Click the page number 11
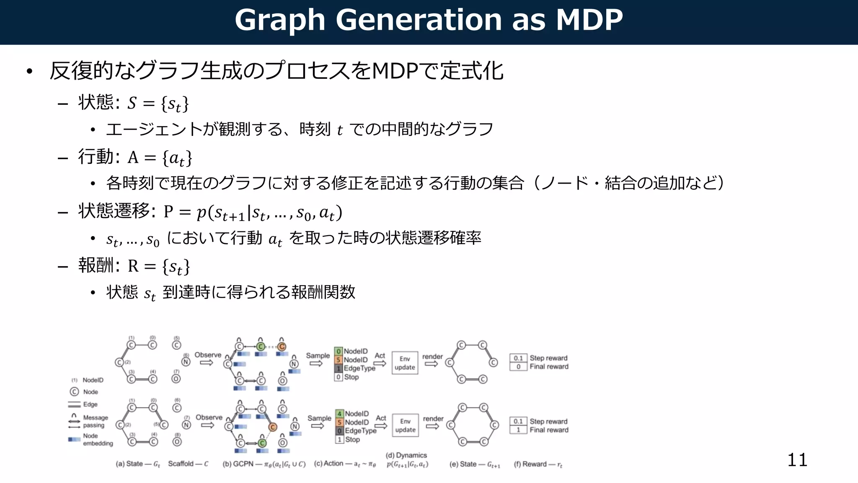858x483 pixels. (x=797, y=460)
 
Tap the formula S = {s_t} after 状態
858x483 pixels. (x=158, y=103)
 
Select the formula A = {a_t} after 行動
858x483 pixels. (x=160, y=158)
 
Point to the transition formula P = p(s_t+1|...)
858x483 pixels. (x=253, y=212)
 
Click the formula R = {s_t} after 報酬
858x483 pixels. (x=159, y=266)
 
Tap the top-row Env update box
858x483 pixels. (x=405, y=363)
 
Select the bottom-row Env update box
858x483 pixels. (x=405, y=426)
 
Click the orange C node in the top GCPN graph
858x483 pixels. (x=282, y=347)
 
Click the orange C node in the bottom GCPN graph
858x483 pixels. (x=273, y=427)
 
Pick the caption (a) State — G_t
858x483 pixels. (x=138, y=464)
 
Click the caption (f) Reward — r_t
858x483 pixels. (x=538, y=464)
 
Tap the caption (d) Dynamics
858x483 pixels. (x=406, y=455)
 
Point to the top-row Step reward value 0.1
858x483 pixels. (x=518, y=358)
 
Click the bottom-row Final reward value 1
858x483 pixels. (x=518, y=430)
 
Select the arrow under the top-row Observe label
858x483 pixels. (x=207, y=363)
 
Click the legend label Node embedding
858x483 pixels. (x=98, y=439)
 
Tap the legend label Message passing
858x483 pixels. (x=95, y=421)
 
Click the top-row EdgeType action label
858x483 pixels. (x=359, y=368)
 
